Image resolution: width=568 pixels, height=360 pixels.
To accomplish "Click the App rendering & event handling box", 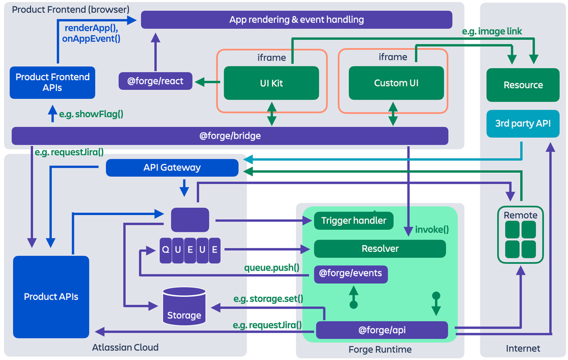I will tap(297, 20).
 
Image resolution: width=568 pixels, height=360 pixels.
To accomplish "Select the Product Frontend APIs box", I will tap(52, 82).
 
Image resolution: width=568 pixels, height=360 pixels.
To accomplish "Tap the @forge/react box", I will tap(155, 81).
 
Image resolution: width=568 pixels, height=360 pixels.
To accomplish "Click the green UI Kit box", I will tap(271, 83).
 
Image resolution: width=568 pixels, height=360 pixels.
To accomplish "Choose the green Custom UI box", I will tap(396, 83).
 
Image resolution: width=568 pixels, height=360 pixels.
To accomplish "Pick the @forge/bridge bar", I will tap(230, 136).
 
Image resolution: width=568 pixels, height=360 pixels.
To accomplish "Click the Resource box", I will tap(523, 85).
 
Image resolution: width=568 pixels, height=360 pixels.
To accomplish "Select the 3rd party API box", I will tap(523, 123).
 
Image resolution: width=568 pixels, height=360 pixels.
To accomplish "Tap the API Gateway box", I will tap(172, 167).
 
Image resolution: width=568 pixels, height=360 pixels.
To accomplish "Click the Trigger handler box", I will tap(353, 221).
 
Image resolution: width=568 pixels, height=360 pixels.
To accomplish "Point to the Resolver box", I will tap(380, 249).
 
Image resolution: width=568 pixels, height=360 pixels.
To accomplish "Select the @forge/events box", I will tap(351, 274).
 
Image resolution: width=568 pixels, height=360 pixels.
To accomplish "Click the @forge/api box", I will tap(382, 330).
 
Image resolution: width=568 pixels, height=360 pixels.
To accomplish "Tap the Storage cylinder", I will tap(184, 307).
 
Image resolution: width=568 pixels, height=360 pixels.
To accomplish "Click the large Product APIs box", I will tap(51, 296).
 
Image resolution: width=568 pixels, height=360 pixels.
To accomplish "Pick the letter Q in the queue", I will tap(166, 250).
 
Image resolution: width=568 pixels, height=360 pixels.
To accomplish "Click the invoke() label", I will tap(432, 230).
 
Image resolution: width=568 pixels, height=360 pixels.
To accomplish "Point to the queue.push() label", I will tap(271, 267).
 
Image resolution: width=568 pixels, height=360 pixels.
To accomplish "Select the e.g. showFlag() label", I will tap(91, 114).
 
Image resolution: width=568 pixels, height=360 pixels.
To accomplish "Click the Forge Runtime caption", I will tap(380, 349).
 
